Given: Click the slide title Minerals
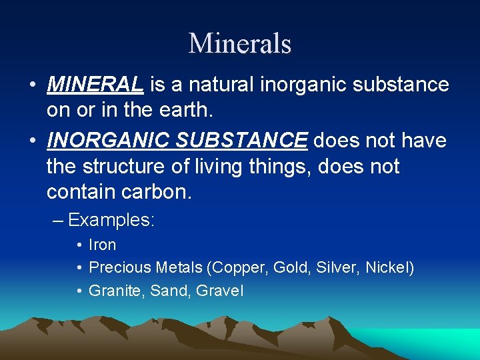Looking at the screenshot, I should click(x=240, y=44).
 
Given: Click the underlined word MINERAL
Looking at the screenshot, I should click(x=95, y=85).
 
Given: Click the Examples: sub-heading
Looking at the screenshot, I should click(x=111, y=220).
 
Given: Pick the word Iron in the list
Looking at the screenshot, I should click(x=103, y=245).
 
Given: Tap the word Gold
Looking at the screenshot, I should click(x=289, y=268).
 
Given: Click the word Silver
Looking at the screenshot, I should click(x=336, y=268).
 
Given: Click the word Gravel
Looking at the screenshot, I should click(x=221, y=291).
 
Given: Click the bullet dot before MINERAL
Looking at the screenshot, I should click(x=32, y=86).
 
